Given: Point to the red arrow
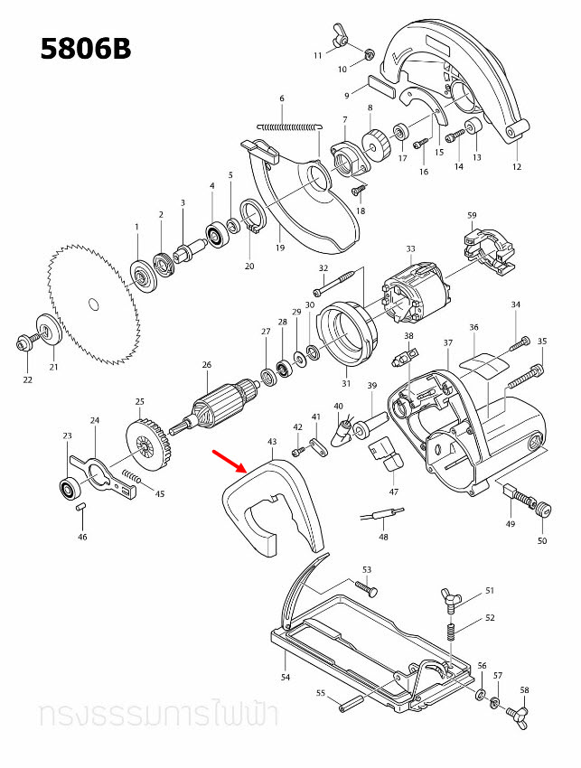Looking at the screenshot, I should pos(230,461).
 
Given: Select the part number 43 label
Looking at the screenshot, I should pos(272,442).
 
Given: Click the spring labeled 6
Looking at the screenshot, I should pos(288,126).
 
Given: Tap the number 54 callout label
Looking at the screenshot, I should pos(286,677).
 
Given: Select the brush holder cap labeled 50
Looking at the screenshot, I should pos(542,510).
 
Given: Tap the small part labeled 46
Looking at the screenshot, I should pos(80,508).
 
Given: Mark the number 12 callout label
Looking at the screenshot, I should pos(517,166).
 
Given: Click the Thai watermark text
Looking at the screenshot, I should pos(157,715).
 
